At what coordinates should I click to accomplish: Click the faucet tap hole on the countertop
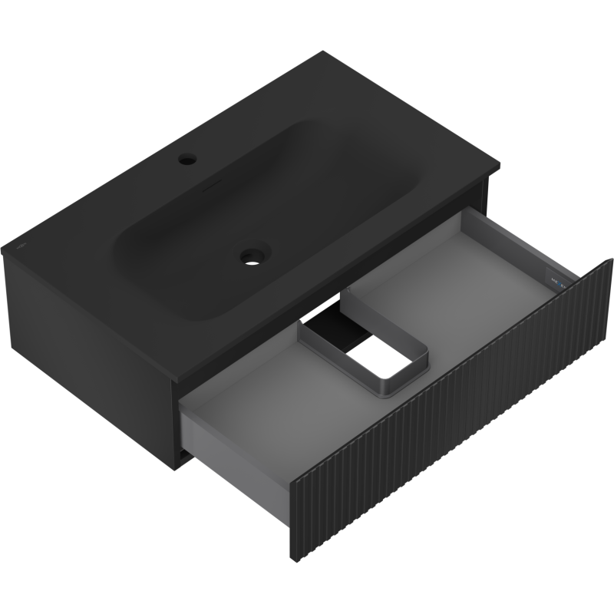pos(187,161)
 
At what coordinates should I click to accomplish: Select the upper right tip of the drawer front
pos(612,261)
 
